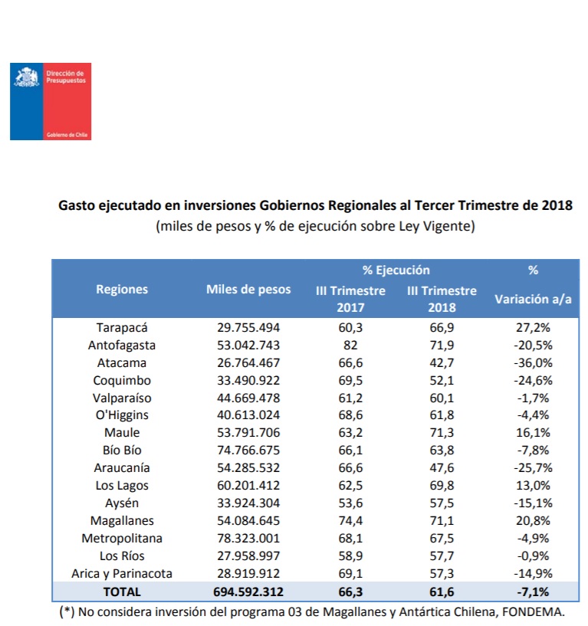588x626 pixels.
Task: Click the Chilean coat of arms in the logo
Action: pos(27,79)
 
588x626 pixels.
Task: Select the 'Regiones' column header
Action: pos(122,290)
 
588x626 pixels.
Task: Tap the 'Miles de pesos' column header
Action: pos(248,290)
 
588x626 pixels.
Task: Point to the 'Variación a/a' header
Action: pos(534,299)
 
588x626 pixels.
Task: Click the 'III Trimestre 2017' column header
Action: pos(350,299)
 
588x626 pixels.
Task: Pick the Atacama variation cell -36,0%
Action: pos(534,363)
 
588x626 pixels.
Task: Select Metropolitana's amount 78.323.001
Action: pos(248,539)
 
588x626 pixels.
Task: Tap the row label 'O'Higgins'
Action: pos(122,416)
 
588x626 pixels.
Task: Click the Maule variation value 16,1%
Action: pos(534,434)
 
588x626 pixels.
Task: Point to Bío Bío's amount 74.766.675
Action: pos(248,451)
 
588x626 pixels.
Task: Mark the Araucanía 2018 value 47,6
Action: pos(442,468)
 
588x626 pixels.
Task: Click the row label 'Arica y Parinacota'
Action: pos(122,574)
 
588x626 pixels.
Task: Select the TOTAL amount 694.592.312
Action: pos(248,592)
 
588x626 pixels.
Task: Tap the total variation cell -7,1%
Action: pos(534,592)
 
